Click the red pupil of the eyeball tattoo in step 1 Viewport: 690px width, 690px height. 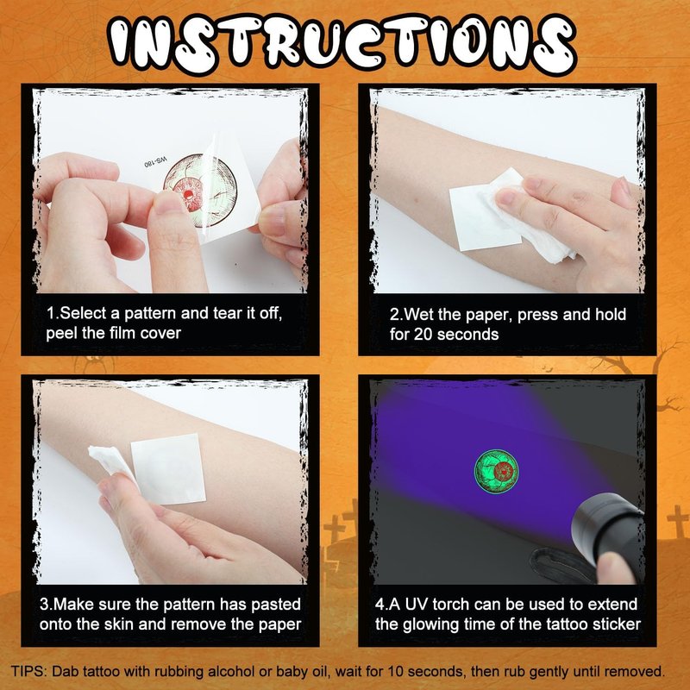pos(187,194)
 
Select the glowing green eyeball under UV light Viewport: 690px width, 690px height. pos(497,471)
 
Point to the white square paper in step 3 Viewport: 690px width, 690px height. pos(168,468)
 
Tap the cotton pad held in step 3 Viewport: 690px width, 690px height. pos(110,461)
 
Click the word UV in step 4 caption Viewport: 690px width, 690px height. pos(416,605)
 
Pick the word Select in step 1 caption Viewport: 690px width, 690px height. pos(84,313)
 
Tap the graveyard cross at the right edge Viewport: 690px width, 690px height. pos(678,521)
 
